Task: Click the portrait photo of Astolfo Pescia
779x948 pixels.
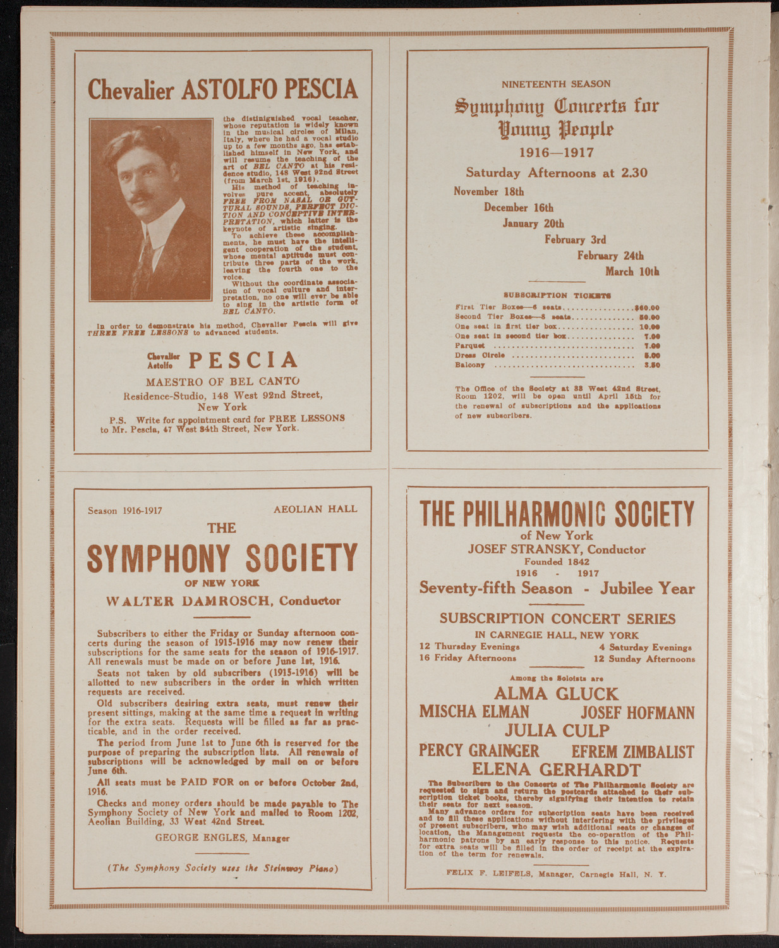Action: [151, 209]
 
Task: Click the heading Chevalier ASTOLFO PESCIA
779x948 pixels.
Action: [222, 90]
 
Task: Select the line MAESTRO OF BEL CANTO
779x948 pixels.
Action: [222, 382]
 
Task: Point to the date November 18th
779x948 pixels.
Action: [488, 191]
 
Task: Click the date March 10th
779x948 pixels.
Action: [632, 271]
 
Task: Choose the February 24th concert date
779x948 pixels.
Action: [610, 255]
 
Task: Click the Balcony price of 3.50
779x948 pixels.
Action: [651, 365]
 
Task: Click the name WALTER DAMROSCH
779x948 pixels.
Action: [191, 601]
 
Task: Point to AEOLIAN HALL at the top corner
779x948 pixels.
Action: [315, 509]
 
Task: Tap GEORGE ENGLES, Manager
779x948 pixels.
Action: [222, 838]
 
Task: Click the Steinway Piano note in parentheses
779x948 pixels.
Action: [222, 868]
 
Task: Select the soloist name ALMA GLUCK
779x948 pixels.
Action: [556, 693]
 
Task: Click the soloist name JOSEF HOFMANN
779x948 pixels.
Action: [637, 712]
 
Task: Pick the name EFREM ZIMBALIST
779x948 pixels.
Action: [632, 751]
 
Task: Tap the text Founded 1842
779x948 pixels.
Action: [556, 561]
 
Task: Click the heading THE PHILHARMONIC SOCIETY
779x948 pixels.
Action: [556, 514]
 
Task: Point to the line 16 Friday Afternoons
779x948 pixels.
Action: [467, 658]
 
